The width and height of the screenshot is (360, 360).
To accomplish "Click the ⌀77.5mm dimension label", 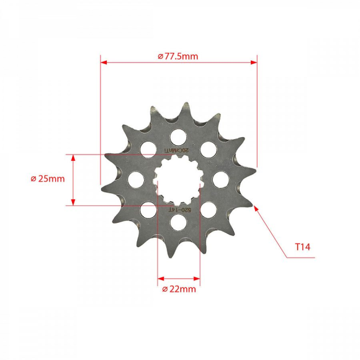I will [x=178, y=56].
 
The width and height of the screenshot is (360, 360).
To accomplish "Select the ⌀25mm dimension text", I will [x=47, y=179].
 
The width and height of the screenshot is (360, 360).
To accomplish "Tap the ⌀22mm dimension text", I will [x=179, y=289].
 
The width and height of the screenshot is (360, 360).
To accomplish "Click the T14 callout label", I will [x=302, y=247].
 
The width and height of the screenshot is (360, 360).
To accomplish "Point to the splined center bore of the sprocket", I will [x=179, y=179].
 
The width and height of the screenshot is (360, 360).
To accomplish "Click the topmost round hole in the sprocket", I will [x=179, y=136].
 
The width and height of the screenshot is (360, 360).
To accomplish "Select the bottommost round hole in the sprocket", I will [x=179, y=222].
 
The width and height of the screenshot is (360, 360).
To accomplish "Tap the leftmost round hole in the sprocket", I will [x=136, y=179].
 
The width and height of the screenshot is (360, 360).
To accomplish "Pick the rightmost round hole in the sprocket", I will [x=221, y=179].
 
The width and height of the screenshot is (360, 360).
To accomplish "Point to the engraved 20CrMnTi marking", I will [x=178, y=150].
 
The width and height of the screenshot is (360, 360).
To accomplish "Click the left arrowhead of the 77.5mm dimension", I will [x=104, y=62].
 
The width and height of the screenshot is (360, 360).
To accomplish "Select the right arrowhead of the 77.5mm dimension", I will [x=253, y=62].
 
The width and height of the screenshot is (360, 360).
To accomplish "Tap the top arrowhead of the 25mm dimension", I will [x=73, y=158].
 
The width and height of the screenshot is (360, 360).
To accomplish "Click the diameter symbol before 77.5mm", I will [x=161, y=56].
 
